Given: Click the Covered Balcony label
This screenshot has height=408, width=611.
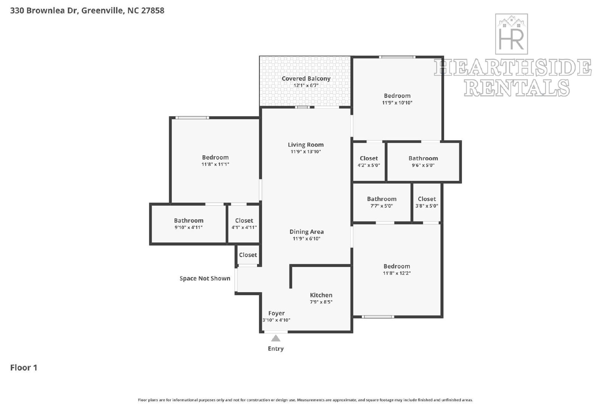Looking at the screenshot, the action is point(306,78).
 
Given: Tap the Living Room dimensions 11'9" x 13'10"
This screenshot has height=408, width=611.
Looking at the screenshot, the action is point(305,151).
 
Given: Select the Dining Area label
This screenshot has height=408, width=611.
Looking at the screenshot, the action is point(306,232).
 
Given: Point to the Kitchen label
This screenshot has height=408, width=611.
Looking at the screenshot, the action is point(321,295).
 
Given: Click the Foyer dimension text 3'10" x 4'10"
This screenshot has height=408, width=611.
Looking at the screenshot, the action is point(276,320).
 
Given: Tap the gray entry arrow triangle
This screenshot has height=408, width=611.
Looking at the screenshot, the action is point(275,338).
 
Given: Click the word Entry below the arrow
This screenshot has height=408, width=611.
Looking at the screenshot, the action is point(275,349).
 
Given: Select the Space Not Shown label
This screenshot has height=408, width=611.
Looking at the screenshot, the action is point(205,278).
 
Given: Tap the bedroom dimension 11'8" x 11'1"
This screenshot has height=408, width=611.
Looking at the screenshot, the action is point(215,164).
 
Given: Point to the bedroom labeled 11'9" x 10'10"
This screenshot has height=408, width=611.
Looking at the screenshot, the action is point(397,99).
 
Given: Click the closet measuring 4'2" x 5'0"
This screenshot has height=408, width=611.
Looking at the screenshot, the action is point(369,161).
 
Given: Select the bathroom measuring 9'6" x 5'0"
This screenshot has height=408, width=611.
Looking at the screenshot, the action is point(423,161).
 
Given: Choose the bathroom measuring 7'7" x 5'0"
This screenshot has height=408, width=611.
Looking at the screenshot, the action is point(381,202).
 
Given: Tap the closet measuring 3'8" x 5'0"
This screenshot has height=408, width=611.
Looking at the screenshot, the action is point(427,202).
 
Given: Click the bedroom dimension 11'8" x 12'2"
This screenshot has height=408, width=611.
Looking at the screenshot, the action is point(397,273).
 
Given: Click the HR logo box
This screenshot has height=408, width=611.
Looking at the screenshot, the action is point(511,34).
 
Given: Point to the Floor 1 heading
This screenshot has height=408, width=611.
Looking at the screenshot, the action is point(24,367).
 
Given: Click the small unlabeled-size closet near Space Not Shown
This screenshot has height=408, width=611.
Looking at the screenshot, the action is point(248,255).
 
